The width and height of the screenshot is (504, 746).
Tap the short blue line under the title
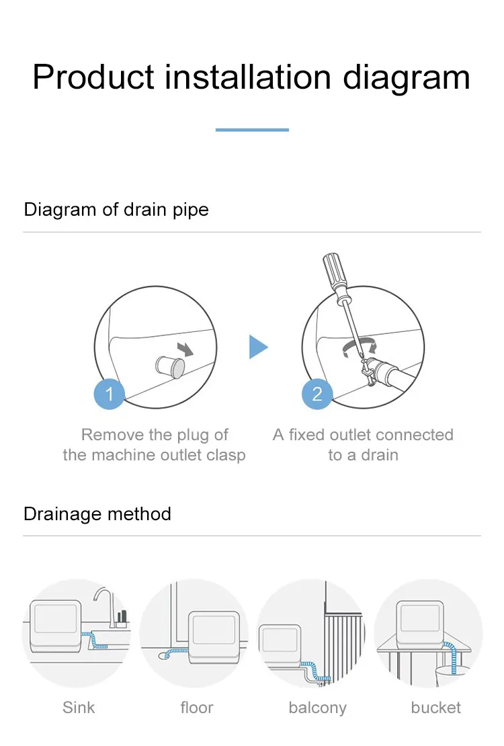point(252,130)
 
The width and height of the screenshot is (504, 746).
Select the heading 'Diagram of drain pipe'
point(116,209)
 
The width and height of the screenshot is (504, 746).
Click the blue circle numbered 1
point(110,393)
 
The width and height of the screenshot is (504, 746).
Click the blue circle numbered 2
point(317,393)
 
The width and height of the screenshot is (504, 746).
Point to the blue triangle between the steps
point(257,347)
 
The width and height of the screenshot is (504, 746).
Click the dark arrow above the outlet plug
point(184,347)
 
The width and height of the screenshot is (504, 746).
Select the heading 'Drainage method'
point(97,514)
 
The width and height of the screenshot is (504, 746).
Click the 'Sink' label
point(79,708)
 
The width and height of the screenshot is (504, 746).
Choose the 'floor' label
point(197,708)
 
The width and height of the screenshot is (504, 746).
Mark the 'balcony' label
point(317,708)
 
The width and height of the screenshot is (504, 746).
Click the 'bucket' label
point(436,708)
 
